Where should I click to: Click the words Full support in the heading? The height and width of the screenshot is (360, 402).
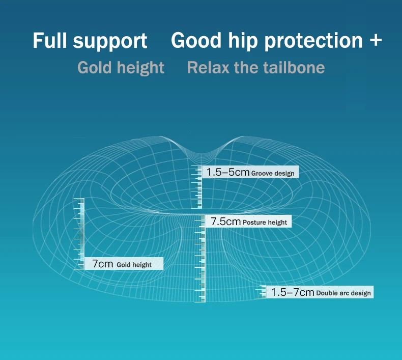point(90,41)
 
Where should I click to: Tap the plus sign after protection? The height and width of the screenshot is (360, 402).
point(376,40)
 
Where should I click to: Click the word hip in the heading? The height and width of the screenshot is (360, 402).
point(243,41)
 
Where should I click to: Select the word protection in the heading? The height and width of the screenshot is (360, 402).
point(313,41)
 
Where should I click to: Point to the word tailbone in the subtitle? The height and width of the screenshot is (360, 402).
point(294,68)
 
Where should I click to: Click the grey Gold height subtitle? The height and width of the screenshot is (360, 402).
point(121,68)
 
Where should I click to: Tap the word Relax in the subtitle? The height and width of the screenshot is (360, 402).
point(208,68)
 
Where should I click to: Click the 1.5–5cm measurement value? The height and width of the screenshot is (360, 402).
point(227,172)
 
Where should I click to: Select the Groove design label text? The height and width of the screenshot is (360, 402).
point(273,174)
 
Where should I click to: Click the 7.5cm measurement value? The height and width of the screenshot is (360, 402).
point(225,221)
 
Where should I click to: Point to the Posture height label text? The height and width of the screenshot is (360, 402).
point(265,223)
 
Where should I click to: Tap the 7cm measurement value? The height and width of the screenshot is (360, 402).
point(103,264)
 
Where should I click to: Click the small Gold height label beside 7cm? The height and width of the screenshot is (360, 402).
point(134,265)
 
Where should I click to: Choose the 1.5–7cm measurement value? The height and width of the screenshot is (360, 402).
point(293,292)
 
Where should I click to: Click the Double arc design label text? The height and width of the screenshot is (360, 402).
point(343,293)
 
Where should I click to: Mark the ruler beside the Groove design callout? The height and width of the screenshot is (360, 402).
point(197,187)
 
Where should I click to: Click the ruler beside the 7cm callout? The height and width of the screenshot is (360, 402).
point(79,234)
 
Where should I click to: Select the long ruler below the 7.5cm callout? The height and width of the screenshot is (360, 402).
point(200,259)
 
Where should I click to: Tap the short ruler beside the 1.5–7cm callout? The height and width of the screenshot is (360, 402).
point(261,292)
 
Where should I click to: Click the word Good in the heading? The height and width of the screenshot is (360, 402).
point(196,40)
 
